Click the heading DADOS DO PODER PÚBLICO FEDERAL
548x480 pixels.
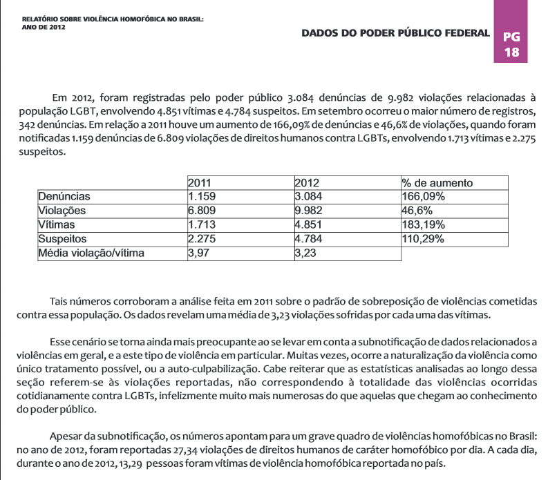[395, 32]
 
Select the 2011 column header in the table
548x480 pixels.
[199, 183]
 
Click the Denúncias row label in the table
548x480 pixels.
[64, 197]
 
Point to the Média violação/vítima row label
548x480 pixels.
[91, 253]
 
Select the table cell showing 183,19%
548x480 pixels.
[423, 225]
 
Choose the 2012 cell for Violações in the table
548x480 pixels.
[309, 211]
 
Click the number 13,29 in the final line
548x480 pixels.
[130, 463]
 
